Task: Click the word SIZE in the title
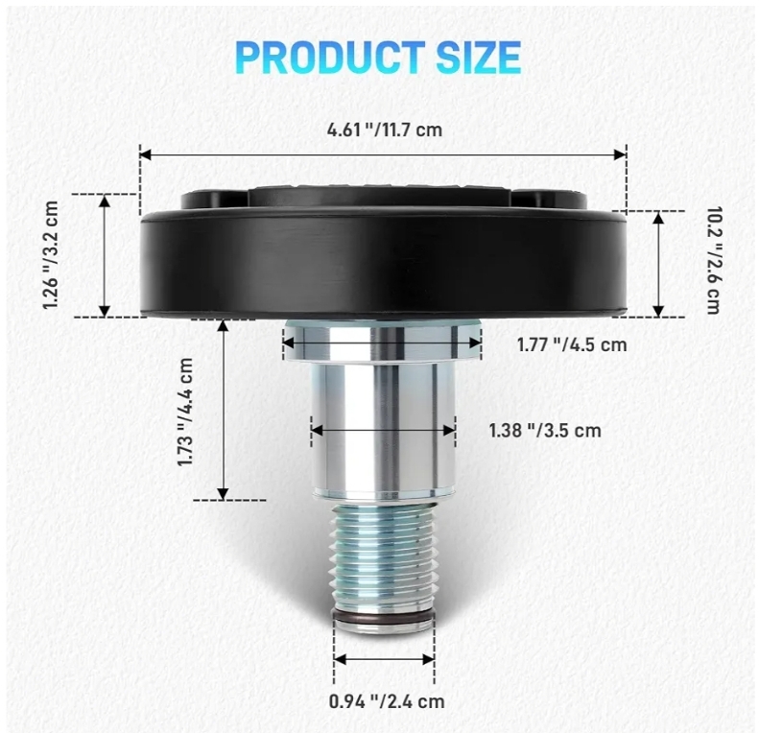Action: [478, 58]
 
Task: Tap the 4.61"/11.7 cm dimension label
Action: [385, 130]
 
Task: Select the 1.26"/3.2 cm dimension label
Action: [51, 255]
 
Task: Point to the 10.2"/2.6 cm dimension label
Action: [714, 260]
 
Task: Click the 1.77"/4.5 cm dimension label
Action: [572, 344]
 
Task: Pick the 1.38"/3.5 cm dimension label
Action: [545, 431]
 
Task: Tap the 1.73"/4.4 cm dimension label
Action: [185, 412]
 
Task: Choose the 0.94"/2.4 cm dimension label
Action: [387, 701]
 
